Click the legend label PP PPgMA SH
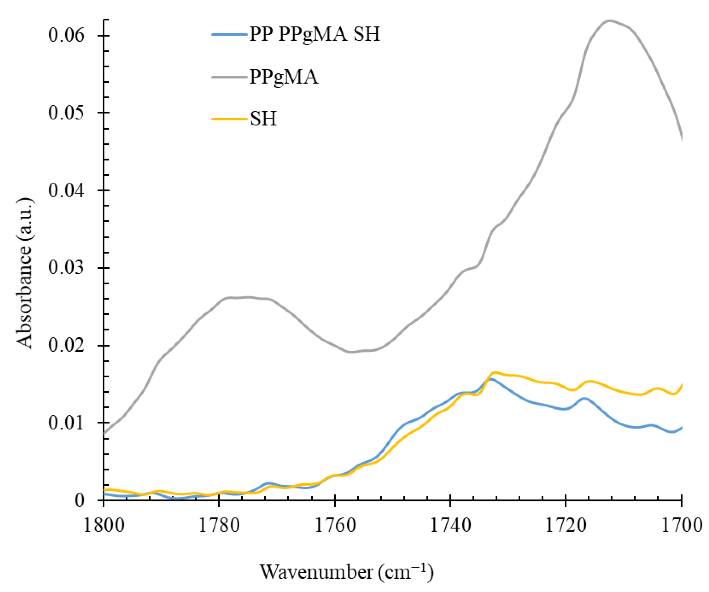click(x=314, y=34)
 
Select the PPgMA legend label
click(x=284, y=77)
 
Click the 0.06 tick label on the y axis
click(x=66, y=35)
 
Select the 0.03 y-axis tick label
click(x=66, y=268)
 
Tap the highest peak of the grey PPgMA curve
click(x=609, y=21)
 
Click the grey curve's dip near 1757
click(x=351, y=352)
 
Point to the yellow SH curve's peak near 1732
click(x=495, y=373)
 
